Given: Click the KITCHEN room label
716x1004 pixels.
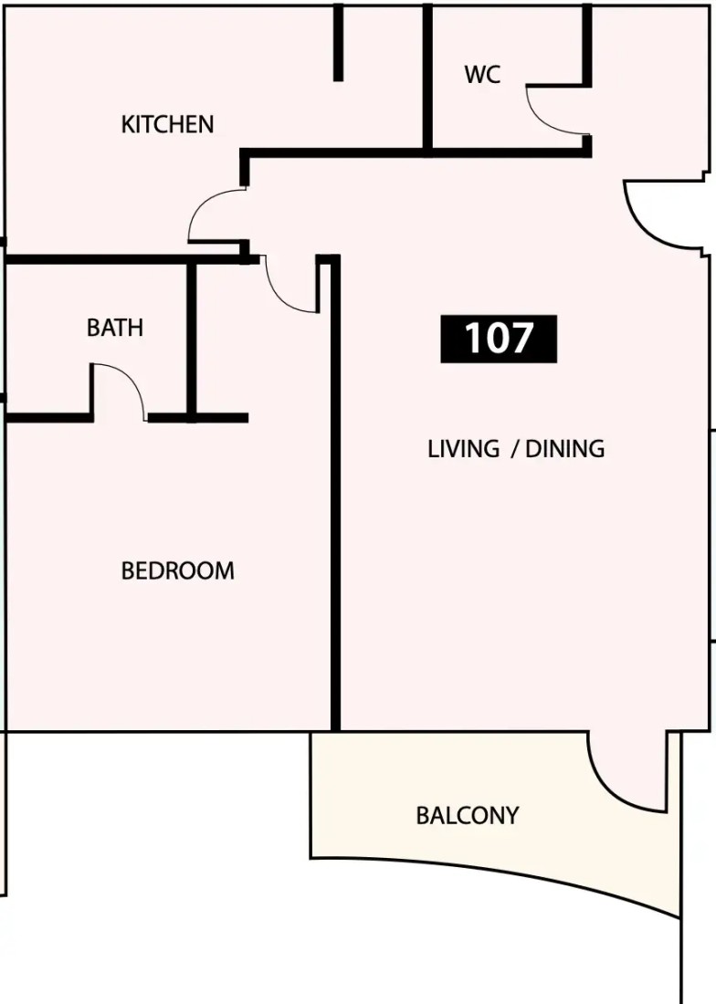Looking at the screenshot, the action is (x=167, y=124).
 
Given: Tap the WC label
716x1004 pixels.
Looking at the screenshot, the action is (x=482, y=75).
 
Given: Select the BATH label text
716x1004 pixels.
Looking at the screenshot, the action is (x=115, y=328).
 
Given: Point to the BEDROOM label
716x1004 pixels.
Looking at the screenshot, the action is (x=177, y=570).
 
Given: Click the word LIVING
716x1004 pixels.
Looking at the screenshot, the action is (x=464, y=449).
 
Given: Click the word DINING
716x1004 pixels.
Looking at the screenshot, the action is (x=565, y=449).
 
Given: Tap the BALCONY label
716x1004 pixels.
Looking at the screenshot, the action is (x=467, y=816).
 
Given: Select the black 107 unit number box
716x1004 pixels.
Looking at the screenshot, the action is (x=499, y=339).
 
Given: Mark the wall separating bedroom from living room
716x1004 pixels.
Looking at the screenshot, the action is (x=335, y=493).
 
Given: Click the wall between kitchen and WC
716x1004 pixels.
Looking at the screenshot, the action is (x=427, y=79).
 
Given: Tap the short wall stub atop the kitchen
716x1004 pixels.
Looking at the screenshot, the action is (x=338, y=43).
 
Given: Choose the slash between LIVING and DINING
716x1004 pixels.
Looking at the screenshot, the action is (x=513, y=449).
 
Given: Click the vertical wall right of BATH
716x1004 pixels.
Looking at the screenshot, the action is (x=191, y=340).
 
